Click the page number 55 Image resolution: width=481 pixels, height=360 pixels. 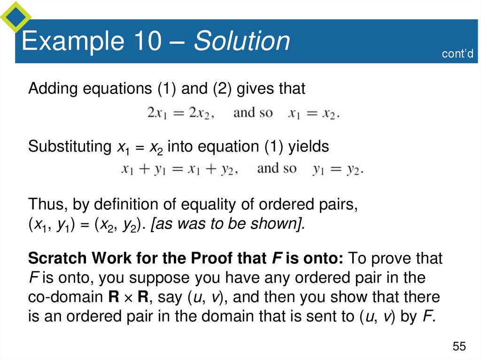pos(459,346)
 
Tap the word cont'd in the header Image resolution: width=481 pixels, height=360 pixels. pos(457,54)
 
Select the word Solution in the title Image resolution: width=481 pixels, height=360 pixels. pos(242,41)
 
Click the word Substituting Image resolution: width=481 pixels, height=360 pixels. pos(69,147)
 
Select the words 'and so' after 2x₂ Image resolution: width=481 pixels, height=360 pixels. pos(252,113)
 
